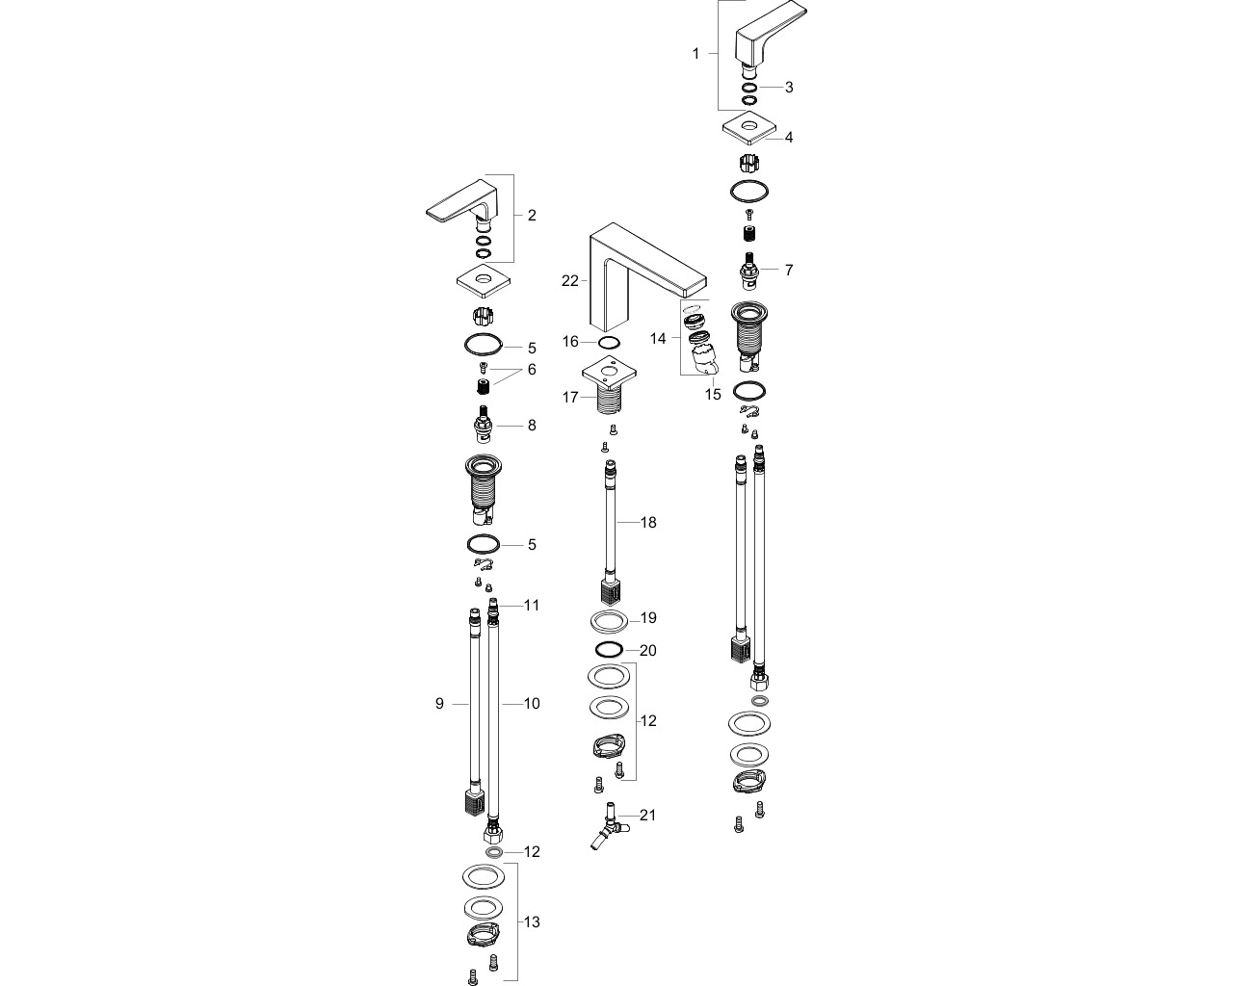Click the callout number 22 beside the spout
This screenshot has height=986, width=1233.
point(569,281)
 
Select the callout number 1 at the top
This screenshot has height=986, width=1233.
point(695,53)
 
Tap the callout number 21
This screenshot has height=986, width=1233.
point(647,815)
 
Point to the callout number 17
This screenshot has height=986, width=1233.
point(570,397)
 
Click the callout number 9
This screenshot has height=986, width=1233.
point(439,703)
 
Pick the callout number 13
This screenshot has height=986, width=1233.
point(532,921)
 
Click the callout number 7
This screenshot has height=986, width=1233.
point(789,270)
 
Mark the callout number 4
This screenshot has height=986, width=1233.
point(789,138)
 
